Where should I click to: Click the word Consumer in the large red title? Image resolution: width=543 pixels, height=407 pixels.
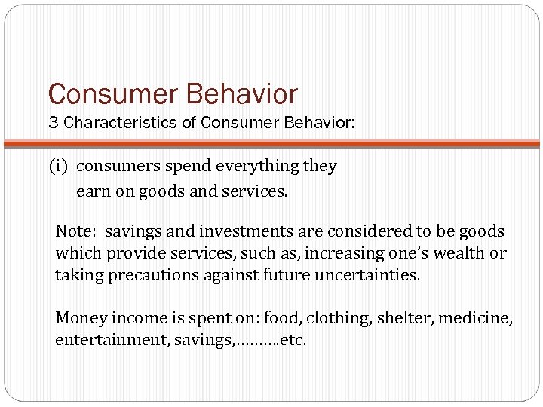112,95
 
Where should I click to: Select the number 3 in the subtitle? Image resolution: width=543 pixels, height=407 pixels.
54,123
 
